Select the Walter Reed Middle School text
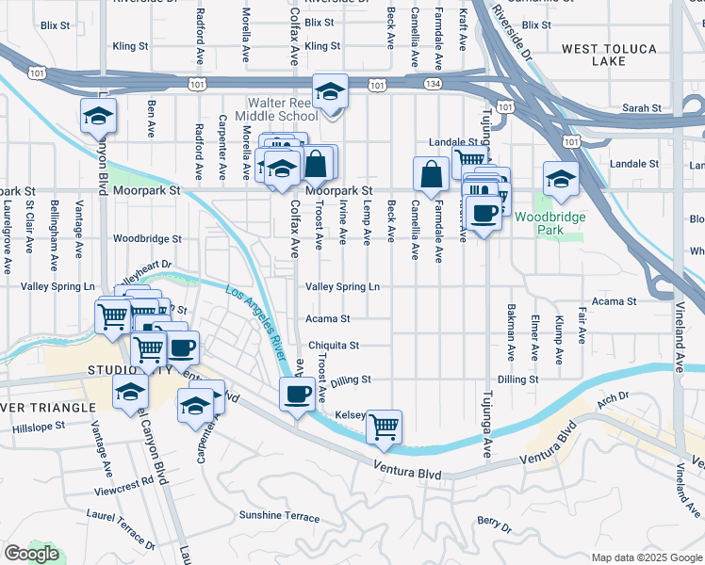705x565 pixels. click(x=283, y=109)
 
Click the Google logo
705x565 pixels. click(x=31, y=554)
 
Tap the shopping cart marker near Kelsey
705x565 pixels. click(x=384, y=426)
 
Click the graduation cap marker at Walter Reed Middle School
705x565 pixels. click(x=330, y=90)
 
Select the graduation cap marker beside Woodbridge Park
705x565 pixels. click(x=561, y=178)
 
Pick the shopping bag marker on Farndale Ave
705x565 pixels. click(x=431, y=173)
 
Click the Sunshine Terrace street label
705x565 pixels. click(x=279, y=516)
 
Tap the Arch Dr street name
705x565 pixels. click(x=612, y=399)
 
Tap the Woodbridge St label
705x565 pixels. click(x=147, y=239)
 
